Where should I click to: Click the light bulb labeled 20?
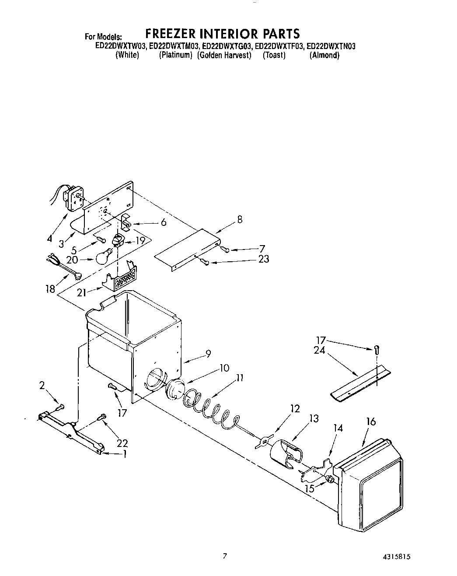[x=103, y=256]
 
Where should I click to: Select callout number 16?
[x=371, y=422]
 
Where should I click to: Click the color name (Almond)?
[x=324, y=55]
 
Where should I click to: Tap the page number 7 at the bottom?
[x=225, y=556]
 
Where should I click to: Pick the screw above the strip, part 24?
[x=377, y=349]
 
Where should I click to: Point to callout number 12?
[x=295, y=408]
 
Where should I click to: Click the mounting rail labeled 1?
[x=72, y=430]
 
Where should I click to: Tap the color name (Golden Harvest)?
[x=224, y=55]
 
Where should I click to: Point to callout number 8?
[x=240, y=220]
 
